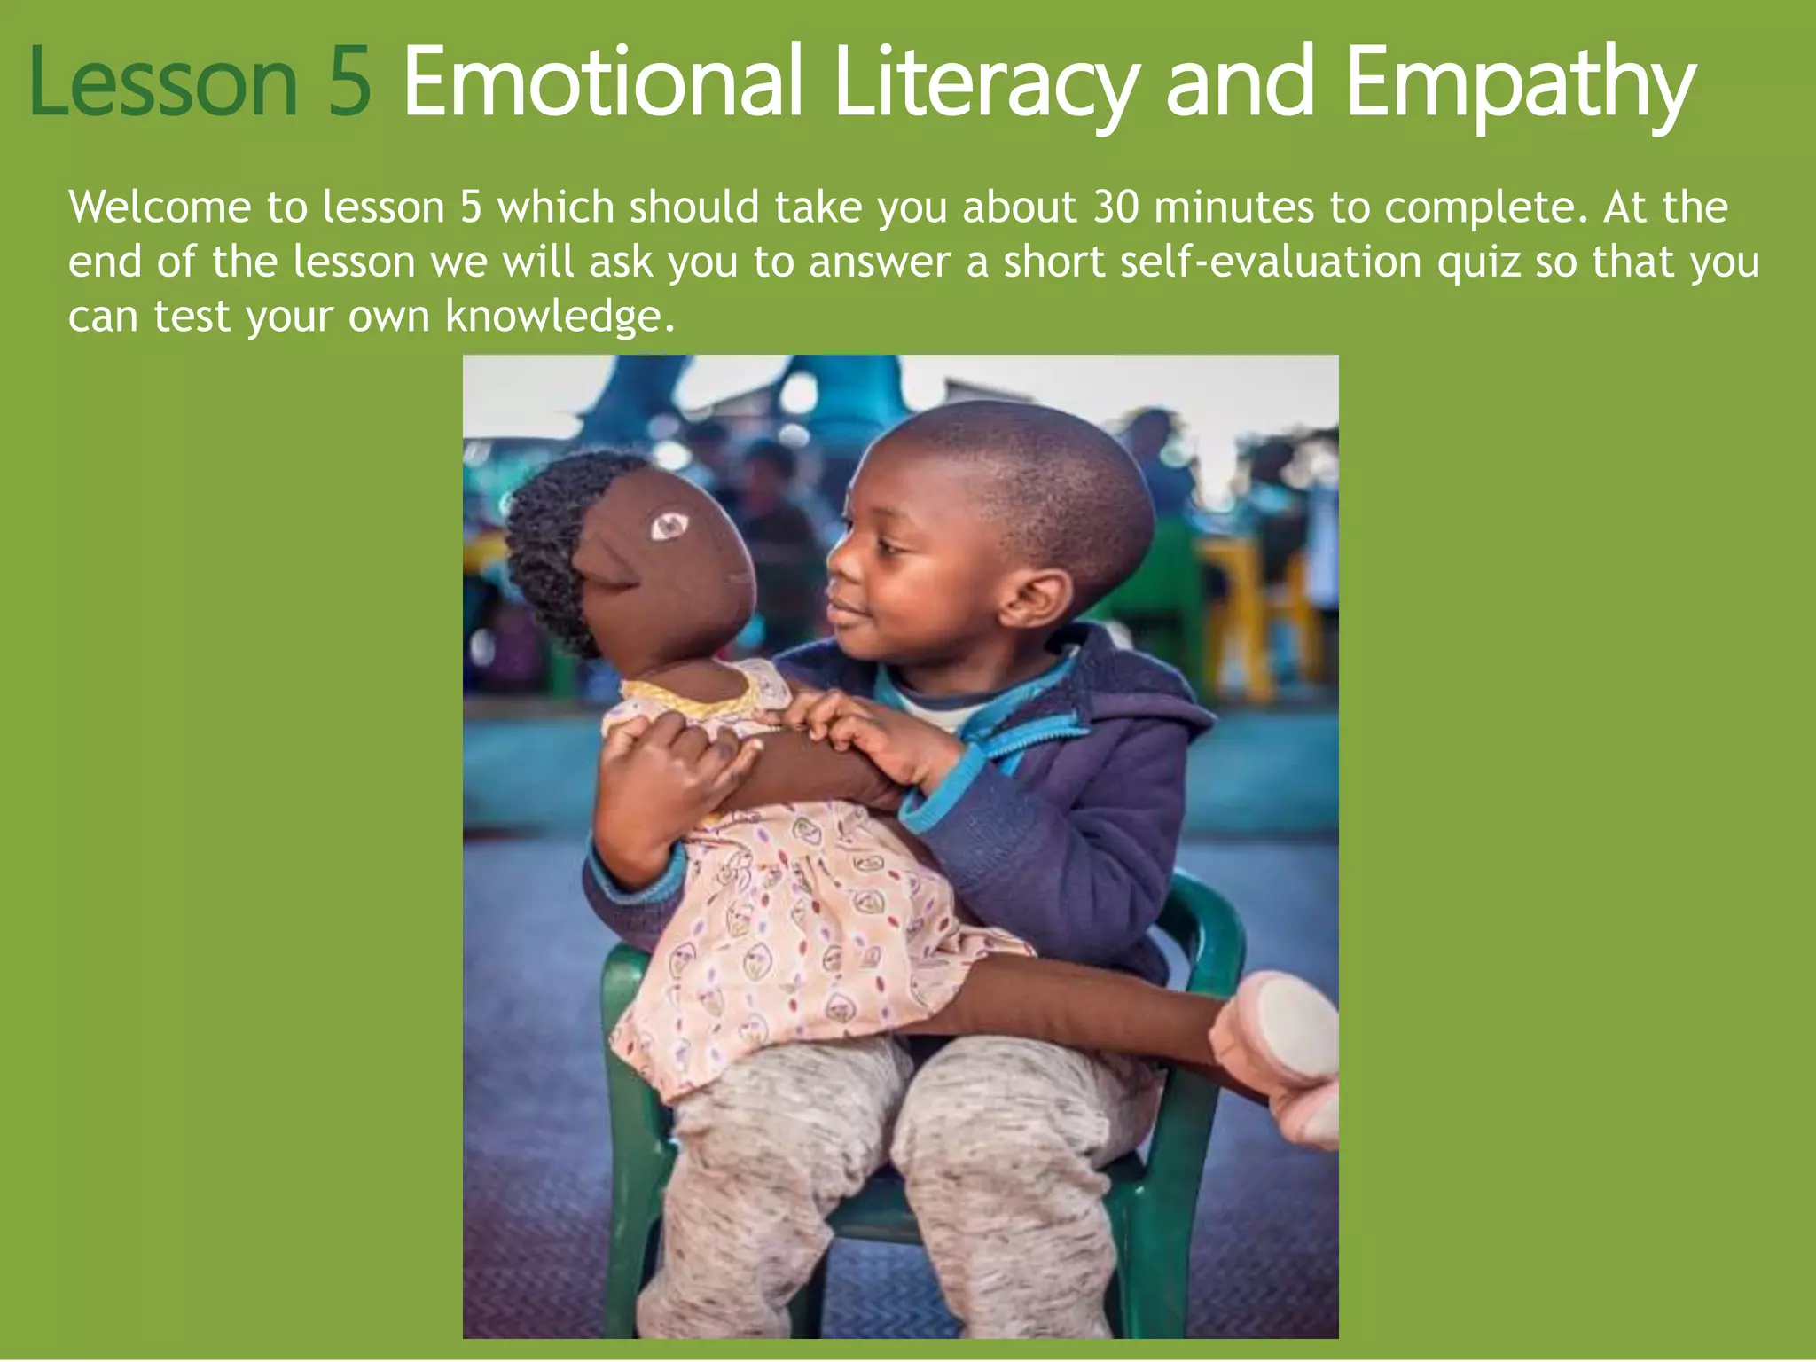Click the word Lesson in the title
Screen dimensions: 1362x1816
(162, 82)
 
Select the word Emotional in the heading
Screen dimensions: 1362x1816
(603, 82)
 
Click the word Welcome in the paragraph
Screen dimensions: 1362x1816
(160, 207)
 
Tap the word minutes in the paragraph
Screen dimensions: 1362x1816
(1233, 207)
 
